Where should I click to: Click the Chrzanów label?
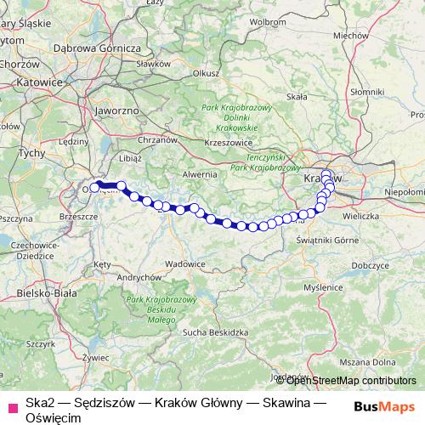click(157, 139)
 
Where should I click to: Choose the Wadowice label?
click(185, 264)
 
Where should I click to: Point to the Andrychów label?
click(139, 277)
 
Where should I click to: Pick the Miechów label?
click(349, 36)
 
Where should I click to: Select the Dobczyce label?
click(368, 266)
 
